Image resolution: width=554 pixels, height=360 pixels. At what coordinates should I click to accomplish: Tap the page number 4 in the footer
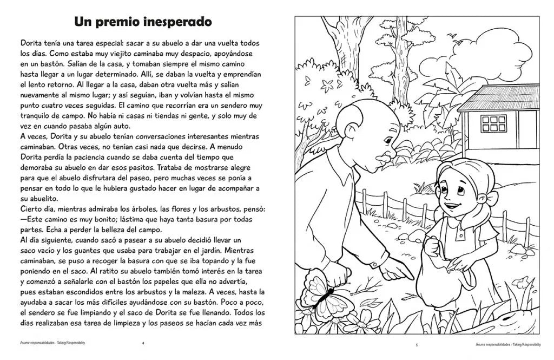142,343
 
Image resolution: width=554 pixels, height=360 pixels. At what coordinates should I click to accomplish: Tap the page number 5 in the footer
417,344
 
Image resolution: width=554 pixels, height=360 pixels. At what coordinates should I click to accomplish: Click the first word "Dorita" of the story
32,42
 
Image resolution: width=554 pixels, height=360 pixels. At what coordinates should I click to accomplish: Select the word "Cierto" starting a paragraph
32,210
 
